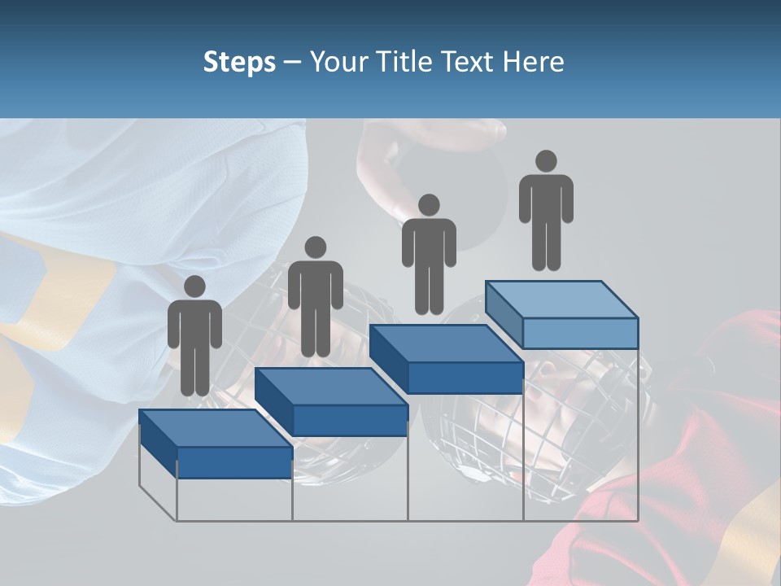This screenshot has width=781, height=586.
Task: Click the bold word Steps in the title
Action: pyautogui.click(x=239, y=62)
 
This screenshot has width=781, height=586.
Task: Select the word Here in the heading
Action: pyautogui.click(x=533, y=62)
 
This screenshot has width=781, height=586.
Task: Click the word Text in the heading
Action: pyautogui.click(x=469, y=62)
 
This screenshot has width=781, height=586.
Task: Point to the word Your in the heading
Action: pyautogui.click(x=339, y=62)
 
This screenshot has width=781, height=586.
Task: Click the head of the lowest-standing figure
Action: pyautogui.click(x=194, y=286)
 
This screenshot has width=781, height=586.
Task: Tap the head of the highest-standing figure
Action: pyautogui.click(x=546, y=161)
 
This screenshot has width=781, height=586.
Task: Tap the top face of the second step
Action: pyautogui.click(x=330, y=386)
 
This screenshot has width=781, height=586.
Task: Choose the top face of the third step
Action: pyautogui.click(x=446, y=343)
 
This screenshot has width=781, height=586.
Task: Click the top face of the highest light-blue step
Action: pyautogui.click(x=561, y=300)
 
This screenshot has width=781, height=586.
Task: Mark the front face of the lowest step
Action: pyautogui.click(x=234, y=462)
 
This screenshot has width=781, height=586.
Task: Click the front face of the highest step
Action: pyautogui.click(x=580, y=333)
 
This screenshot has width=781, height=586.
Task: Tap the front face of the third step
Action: pyautogui.click(x=465, y=377)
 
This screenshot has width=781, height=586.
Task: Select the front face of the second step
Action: pyautogui.click(x=350, y=420)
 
